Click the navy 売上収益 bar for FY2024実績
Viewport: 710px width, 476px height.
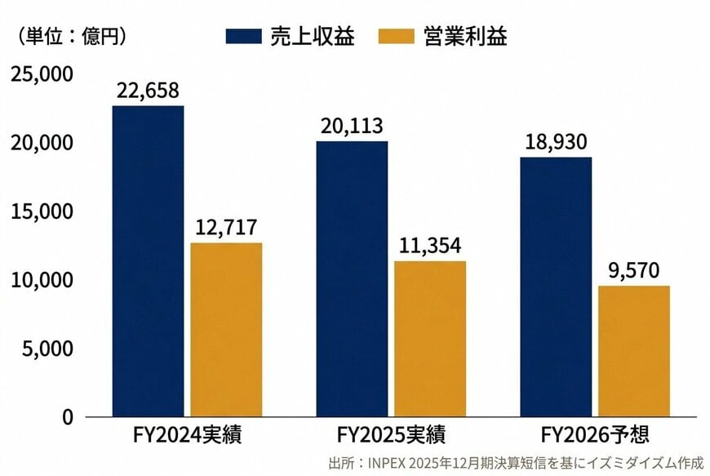pyautogui.click(x=148, y=261)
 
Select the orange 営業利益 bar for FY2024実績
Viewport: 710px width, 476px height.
pyautogui.click(x=227, y=330)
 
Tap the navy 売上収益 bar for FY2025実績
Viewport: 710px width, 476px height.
pyautogui.click(x=352, y=279)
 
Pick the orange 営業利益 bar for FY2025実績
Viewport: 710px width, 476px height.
pyautogui.click(x=430, y=339)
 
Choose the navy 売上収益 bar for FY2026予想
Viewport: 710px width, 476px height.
pyautogui.click(x=556, y=287)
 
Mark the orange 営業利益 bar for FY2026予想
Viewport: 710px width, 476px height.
pyautogui.click(x=634, y=351)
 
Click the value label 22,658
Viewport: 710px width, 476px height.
pyautogui.click(x=148, y=90)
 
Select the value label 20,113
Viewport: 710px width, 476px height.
pyautogui.click(x=352, y=126)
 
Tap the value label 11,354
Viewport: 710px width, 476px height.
pyautogui.click(x=430, y=245)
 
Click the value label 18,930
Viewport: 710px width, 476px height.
pyautogui.click(x=556, y=142)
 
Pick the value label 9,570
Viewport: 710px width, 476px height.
pyautogui.click(x=634, y=270)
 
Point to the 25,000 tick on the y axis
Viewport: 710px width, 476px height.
pyautogui.click(x=42, y=74)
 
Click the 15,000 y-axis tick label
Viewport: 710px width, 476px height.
pyautogui.click(x=42, y=211)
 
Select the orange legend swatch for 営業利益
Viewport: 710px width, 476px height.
pyautogui.click(x=396, y=37)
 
